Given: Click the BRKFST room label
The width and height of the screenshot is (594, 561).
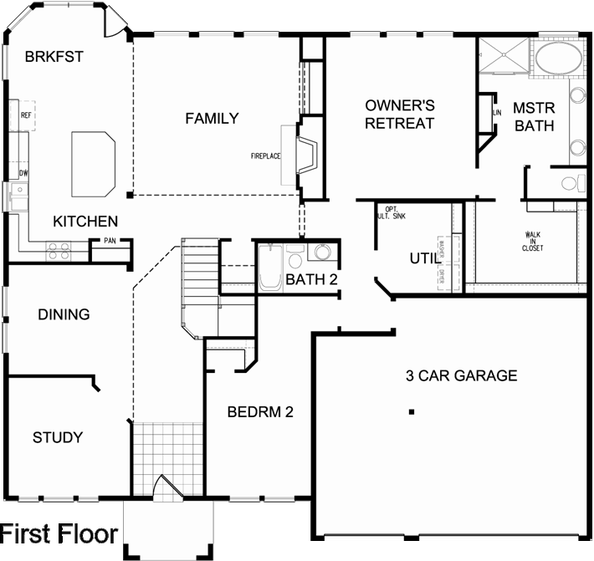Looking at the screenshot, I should pos(54,57).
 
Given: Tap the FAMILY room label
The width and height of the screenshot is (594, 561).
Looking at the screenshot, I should pos(212,119).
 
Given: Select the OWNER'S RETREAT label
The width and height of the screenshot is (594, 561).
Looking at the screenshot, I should pos(400,115).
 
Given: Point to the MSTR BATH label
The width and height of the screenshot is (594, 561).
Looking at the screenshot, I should pos(534,117).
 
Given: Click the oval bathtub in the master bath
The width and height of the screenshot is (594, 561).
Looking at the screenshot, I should pos(559,59).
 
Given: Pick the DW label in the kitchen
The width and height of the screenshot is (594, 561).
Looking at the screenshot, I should pos(23,173).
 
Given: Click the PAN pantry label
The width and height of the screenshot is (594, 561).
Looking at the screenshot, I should pos(110,242).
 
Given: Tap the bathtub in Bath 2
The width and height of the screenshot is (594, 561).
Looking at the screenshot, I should pos(270,268).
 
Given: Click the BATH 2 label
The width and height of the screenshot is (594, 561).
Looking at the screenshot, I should pos(311,279).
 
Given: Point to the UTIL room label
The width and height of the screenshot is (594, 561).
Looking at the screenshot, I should pos(423,258).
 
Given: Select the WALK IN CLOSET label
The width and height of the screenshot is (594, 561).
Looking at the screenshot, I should pos(533,242).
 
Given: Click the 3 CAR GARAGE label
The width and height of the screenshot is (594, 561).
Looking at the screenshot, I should pos(461,375).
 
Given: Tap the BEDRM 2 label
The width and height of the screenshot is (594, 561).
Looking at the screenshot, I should pos(259,411).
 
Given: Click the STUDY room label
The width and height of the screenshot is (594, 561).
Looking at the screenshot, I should pos(58,437).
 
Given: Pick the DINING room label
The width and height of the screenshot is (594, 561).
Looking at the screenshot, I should pos(64,315).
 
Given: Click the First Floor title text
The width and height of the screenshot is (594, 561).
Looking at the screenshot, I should pos(60,534).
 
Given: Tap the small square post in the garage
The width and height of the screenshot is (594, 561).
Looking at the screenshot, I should pos(411,411).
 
